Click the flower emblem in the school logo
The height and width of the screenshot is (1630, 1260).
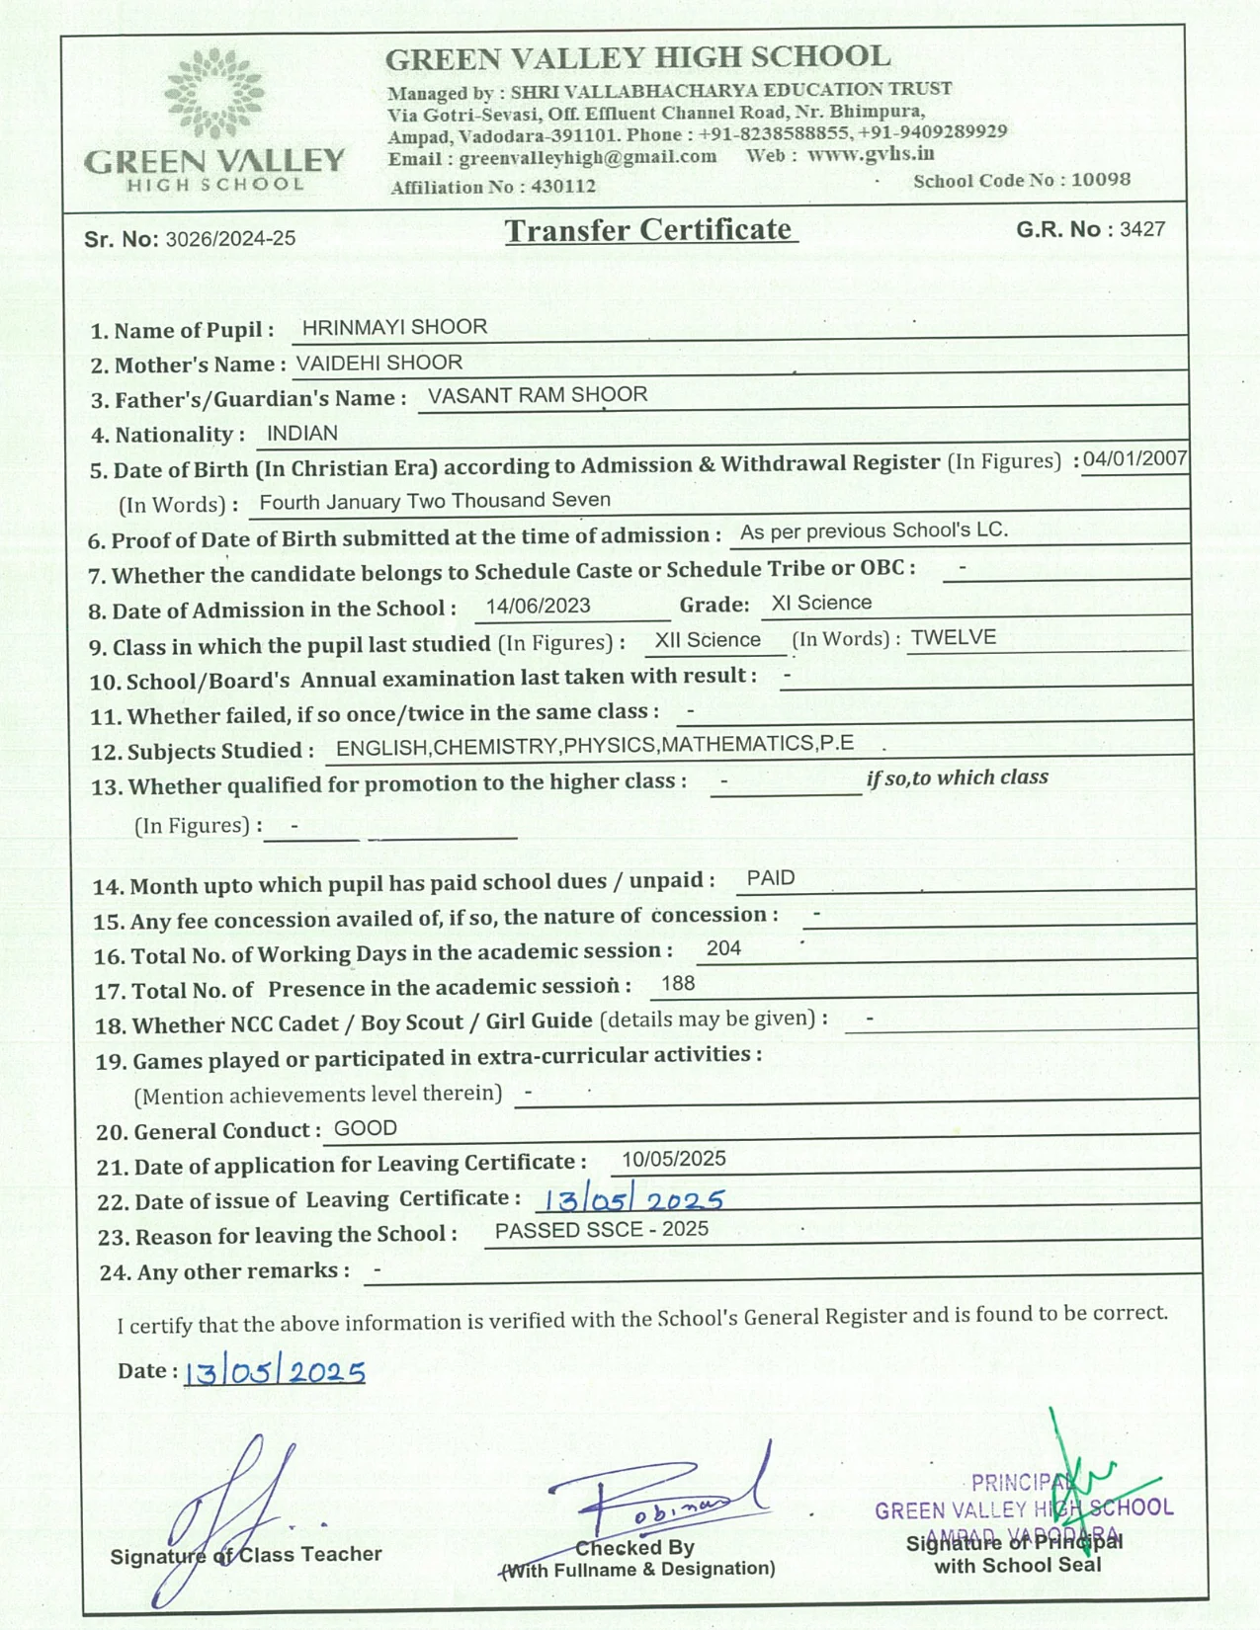[x=214, y=93]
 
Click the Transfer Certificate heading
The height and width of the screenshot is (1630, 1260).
[x=650, y=230]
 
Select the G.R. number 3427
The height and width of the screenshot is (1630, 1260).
[x=1142, y=229]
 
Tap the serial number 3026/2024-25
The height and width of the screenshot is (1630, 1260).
[x=230, y=238]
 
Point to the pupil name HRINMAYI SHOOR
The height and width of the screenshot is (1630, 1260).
[x=394, y=327]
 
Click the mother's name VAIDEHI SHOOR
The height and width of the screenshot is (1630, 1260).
[x=379, y=363]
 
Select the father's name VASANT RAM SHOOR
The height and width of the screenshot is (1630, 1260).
[x=538, y=395]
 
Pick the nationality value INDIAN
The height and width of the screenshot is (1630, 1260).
[x=302, y=433]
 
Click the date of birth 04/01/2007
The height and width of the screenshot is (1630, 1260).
[x=1134, y=459]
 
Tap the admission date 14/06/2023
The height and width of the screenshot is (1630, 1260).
[x=539, y=606]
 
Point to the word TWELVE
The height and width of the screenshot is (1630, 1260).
[x=953, y=637]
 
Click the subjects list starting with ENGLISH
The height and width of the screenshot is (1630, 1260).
[x=595, y=745]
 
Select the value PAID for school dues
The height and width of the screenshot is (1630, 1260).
[x=771, y=877]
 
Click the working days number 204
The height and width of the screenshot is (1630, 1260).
[x=723, y=948]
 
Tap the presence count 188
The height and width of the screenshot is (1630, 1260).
[x=678, y=983]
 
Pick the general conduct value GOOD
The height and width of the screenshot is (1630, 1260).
[x=366, y=1128]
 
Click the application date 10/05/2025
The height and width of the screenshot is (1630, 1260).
[x=674, y=1159]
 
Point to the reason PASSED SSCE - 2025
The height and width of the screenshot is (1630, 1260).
[x=602, y=1230]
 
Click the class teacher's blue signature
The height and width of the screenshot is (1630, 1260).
[x=227, y=1511]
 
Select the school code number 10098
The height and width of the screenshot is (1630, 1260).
[x=1100, y=180]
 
